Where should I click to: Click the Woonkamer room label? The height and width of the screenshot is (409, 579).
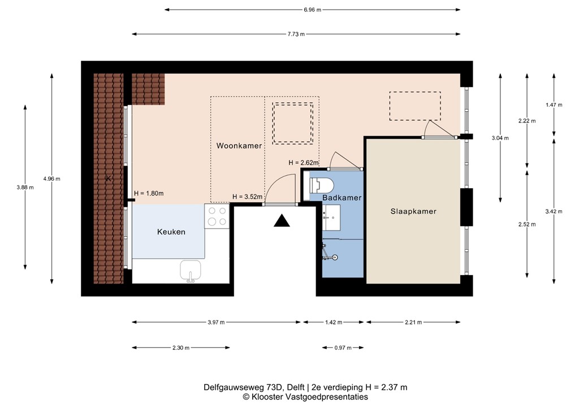click(x=239, y=146)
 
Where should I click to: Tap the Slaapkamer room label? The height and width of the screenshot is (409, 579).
click(x=413, y=211)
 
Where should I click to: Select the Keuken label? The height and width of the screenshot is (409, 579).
click(x=171, y=232)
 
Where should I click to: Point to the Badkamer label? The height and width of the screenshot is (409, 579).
click(x=342, y=198)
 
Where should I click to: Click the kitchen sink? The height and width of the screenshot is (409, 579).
click(x=191, y=271)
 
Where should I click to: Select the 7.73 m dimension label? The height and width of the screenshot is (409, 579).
click(x=296, y=34)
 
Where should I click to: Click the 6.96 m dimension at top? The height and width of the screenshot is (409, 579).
click(x=312, y=10)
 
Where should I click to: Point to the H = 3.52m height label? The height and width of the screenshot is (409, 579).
click(x=247, y=197)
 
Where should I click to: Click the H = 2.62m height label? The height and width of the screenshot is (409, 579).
click(x=304, y=163)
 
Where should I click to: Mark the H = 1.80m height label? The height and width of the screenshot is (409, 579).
click(x=149, y=194)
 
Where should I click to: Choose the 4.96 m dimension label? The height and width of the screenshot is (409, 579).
click(x=51, y=179)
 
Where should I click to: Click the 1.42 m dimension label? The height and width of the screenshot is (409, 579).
click(x=334, y=323)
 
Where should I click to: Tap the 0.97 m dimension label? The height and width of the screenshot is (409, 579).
click(x=343, y=347)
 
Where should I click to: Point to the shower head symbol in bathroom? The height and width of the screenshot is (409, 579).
click(x=335, y=258)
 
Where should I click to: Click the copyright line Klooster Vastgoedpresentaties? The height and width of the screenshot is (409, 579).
click(x=305, y=397)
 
